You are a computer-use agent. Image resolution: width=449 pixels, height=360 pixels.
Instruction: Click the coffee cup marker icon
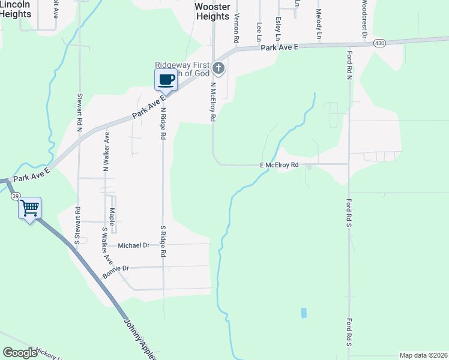(166, 80)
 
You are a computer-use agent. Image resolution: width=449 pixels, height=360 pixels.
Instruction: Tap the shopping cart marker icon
(29, 208)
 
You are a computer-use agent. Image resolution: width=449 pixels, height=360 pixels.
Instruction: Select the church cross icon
(218, 68)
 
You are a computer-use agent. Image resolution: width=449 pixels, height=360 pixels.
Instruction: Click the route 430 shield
(379, 43)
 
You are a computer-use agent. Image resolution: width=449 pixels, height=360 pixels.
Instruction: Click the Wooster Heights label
(212, 11)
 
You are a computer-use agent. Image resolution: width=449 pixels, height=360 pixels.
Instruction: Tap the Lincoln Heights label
(15, 9)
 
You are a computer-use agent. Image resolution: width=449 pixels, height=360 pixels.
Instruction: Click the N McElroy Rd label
(212, 102)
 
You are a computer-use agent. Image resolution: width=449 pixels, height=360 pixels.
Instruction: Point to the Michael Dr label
(133, 245)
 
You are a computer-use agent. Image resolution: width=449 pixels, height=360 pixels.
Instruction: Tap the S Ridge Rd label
(163, 241)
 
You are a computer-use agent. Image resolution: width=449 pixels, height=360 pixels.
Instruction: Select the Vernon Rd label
(237, 28)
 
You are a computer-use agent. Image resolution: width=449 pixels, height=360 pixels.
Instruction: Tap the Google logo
(20, 353)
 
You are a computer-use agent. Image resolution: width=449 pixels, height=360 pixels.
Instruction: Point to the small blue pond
(303, 313)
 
